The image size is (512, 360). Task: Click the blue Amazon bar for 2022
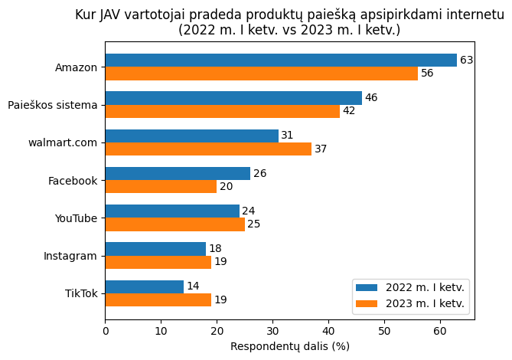281,61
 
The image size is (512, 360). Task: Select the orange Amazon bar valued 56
262,74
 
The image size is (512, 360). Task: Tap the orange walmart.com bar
208,149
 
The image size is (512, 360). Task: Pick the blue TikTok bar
145,286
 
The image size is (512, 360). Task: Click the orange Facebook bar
161,186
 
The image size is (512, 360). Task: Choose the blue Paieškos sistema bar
233,98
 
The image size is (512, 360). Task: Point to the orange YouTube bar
175,224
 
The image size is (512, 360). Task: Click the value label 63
467,61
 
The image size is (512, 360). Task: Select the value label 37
321,149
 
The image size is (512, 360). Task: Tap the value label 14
193,286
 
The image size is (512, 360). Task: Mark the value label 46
371,98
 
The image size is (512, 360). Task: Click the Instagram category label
70,256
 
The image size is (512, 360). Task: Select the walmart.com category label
63,142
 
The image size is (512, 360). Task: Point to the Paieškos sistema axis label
53,105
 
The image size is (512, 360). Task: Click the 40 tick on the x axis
328,331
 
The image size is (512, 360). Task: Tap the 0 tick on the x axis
106,331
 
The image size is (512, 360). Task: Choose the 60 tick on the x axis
440,331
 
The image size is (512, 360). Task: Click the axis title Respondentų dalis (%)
290,346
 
